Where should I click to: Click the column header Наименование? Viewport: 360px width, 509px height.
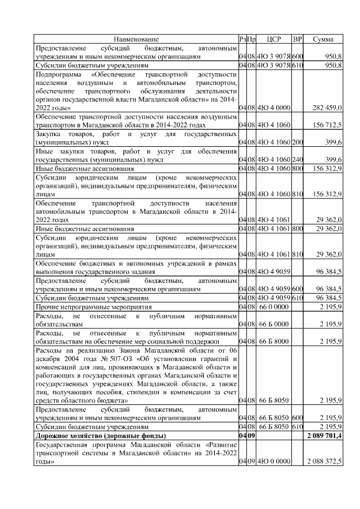click(136, 39)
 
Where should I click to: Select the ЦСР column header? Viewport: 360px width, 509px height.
click(273, 39)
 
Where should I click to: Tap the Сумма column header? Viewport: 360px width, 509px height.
click(323, 39)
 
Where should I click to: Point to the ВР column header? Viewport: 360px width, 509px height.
click(298, 39)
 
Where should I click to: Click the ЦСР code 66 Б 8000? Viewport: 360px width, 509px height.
click(273, 341)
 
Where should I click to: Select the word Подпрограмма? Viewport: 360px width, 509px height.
click(58, 74)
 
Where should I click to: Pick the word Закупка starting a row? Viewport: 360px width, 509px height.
click(49, 134)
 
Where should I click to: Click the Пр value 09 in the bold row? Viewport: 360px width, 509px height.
click(251, 436)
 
